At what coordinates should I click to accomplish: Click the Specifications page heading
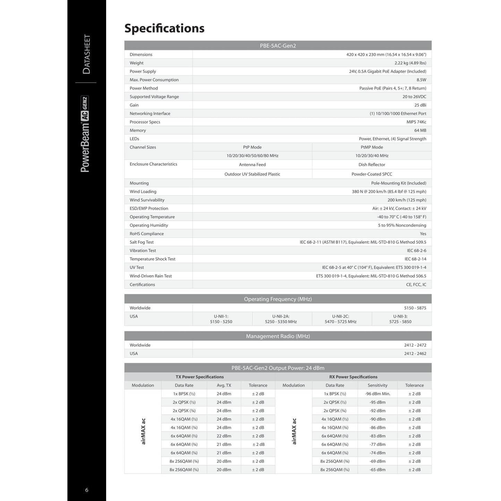coord(164,28)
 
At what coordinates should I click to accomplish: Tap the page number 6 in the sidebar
coord(87,490)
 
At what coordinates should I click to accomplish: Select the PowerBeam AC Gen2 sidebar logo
coord(85,134)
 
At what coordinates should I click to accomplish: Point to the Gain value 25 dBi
coord(420,105)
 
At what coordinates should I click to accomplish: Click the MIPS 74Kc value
coord(416,122)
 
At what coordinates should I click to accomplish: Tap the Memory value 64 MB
coord(420,130)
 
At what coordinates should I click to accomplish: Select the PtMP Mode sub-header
coord(372,147)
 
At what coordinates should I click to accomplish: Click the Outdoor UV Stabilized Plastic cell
coord(252,174)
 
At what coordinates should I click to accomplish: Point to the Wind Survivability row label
coord(147,200)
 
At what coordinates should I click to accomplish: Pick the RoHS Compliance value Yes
coord(423,234)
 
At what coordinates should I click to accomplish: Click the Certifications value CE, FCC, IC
coord(416,285)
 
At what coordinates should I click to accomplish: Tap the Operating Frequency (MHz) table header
coord(278,299)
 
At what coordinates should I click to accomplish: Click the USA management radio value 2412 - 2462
coord(415,354)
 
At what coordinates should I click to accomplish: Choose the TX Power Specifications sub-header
coord(200,377)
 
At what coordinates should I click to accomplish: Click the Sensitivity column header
coord(378,385)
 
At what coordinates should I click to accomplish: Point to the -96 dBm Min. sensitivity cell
coord(378,394)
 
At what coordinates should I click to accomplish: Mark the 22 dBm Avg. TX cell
coord(224,436)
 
